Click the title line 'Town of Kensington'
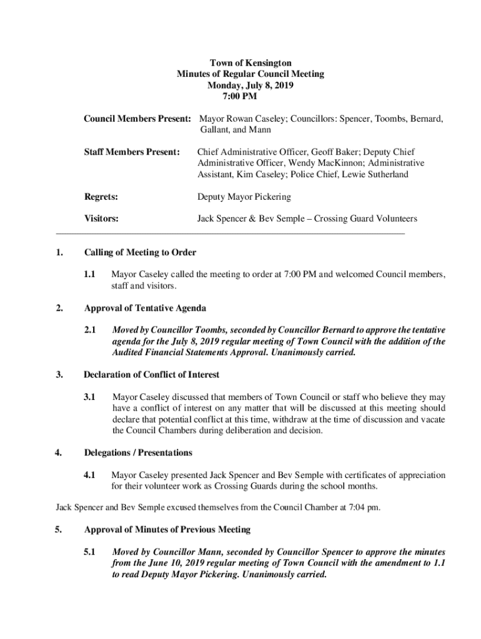click(250, 63)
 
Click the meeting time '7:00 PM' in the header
click(239, 96)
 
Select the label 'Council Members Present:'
click(137, 119)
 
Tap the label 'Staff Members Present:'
click(132, 152)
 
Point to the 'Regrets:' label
click(101, 197)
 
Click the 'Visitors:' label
click(102, 219)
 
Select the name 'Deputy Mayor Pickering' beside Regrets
click(244, 197)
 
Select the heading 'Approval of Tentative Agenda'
click(145, 308)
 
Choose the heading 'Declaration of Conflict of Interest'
click(151, 375)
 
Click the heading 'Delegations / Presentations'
click(138, 452)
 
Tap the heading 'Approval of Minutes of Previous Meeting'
click(167, 530)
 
